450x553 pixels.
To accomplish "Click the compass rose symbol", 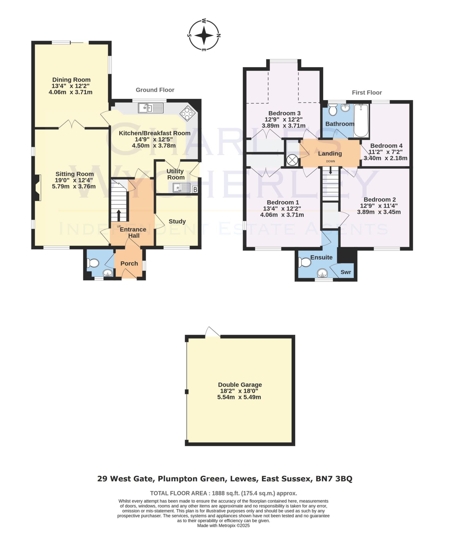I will (x=204, y=35).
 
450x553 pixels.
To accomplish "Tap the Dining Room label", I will (x=71, y=80).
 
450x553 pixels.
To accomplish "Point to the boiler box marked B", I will (x=195, y=190).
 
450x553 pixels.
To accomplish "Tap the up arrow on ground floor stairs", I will (x=118, y=215).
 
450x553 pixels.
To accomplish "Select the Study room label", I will (x=177, y=221).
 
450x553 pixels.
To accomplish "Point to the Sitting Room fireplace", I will (x=38, y=188).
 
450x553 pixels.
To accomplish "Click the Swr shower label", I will (x=346, y=272).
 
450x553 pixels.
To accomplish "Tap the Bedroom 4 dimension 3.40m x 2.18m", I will (x=385, y=158).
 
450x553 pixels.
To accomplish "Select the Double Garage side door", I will (x=212, y=332).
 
